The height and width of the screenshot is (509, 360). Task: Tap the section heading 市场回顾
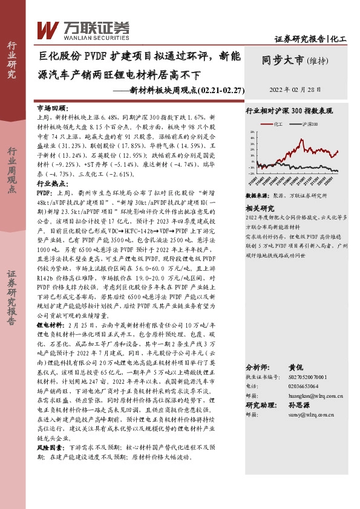click(51, 106)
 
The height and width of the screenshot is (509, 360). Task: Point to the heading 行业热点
click(51, 182)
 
